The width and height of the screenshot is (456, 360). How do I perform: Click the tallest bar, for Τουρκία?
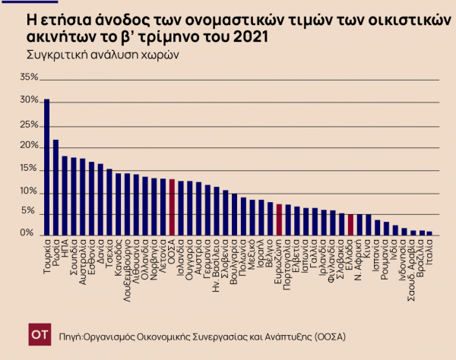point(47,167)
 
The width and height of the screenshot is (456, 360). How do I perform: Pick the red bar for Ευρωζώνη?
point(280,219)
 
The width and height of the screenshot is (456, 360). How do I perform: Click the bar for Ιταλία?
point(429,233)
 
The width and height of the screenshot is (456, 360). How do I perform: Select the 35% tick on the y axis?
point(28,77)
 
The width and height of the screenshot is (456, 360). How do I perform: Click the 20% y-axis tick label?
point(28,145)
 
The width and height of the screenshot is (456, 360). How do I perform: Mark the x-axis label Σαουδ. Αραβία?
point(411,265)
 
